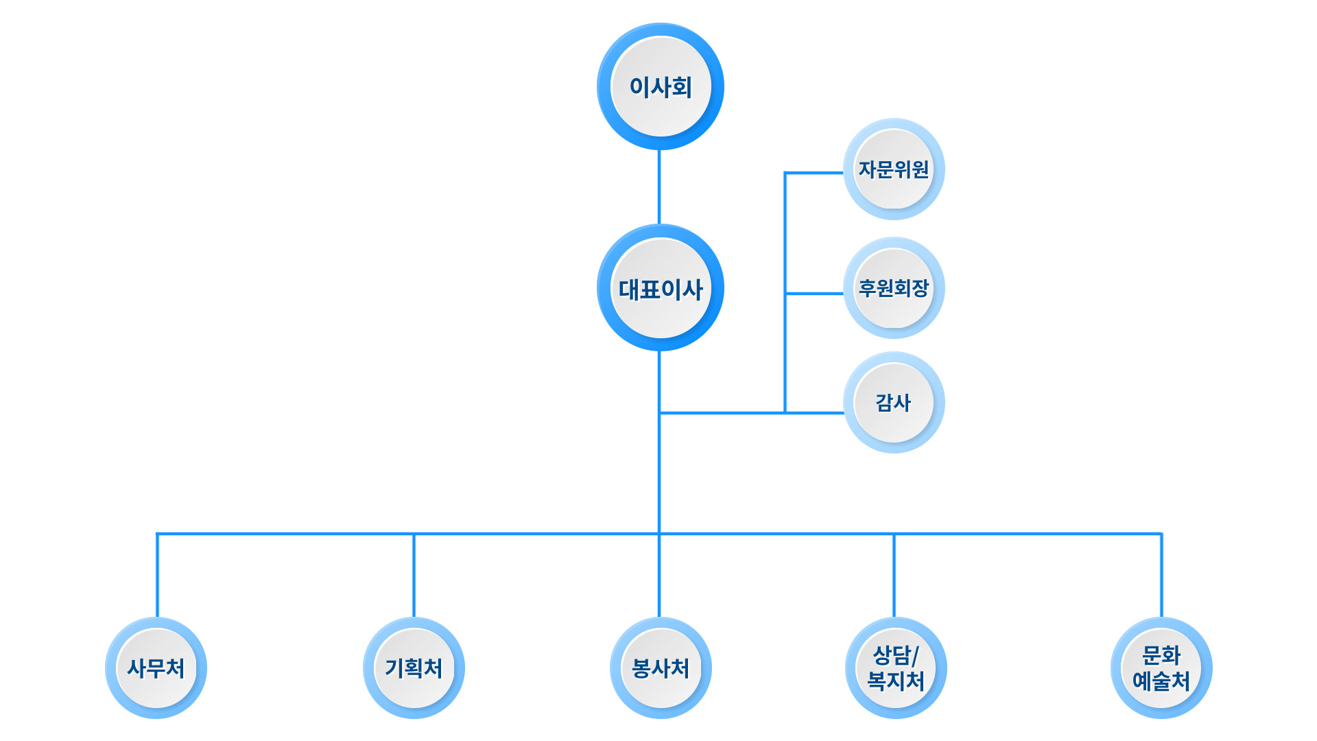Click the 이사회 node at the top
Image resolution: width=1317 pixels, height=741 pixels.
(661, 87)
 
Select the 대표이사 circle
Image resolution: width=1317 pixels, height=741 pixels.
(661, 288)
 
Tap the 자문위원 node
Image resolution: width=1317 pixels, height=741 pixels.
(894, 169)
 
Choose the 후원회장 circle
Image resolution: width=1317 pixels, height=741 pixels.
(894, 288)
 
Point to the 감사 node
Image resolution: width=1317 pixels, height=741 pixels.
(894, 403)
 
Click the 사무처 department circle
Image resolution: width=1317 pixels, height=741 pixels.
(156, 668)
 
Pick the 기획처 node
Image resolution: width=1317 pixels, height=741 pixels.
(414, 668)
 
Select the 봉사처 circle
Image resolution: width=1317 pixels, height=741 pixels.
(661, 668)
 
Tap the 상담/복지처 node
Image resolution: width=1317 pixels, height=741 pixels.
(896, 668)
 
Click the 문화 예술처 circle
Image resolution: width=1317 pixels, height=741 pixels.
(1161, 668)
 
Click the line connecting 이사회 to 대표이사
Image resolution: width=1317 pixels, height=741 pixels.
(659, 187)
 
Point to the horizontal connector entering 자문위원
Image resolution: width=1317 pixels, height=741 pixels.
(814, 173)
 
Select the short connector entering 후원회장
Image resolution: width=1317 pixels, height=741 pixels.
(814, 294)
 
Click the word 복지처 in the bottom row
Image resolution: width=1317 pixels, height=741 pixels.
(896, 681)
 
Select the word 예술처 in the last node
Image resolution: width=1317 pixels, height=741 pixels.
(1161, 681)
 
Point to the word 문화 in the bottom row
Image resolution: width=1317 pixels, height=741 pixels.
(1161, 655)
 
